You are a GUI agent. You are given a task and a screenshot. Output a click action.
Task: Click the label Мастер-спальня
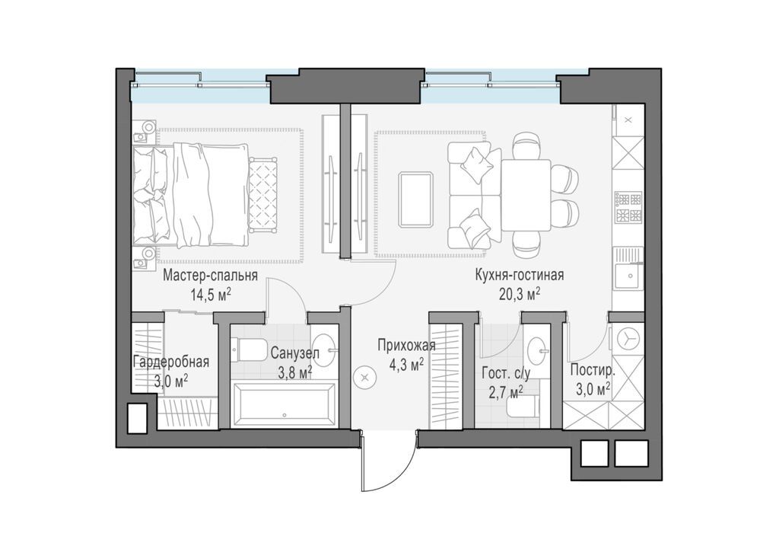click(x=211, y=276)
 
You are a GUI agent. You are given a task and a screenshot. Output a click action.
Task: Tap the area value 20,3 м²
click(x=519, y=295)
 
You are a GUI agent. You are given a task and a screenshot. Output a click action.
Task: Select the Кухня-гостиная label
click(x=519, y=275)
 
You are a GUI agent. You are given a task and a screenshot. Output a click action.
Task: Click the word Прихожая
click(x=406, y=345)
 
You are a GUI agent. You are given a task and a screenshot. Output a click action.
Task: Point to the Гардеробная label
click(x=171, y=362)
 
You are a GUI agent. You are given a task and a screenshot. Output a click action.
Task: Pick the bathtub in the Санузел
click(x=283, y=404)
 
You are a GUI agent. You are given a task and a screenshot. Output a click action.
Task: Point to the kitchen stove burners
click(x=629, y=207)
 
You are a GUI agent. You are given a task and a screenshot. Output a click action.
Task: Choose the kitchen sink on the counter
click(x=629, y=275)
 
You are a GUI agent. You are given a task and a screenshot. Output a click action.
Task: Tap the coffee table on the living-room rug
click(x=415, y=199)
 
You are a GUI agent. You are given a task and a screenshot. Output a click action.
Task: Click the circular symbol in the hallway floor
click(x=364, y=378)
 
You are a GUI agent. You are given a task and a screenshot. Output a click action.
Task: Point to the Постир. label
click(x=593, y=370)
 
